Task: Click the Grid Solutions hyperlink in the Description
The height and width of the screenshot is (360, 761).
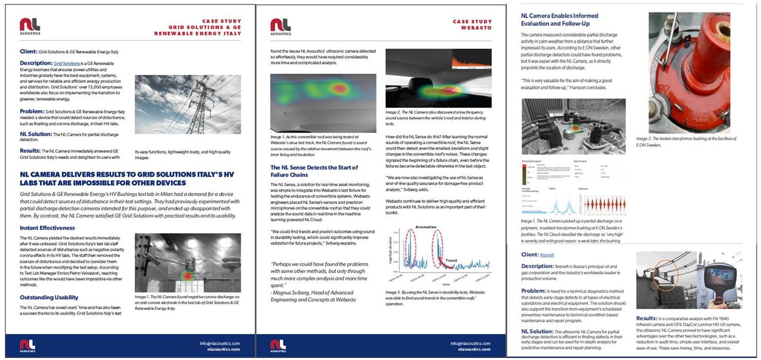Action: [x=66, y=63]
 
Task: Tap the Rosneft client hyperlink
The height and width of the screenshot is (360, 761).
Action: [x=547, y=255]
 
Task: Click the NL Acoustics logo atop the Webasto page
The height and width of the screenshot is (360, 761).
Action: [x=280, y=27]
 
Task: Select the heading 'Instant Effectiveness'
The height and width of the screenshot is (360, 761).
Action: [x=47, y=228]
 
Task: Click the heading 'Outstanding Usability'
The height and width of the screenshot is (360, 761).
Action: [x=49, y=298]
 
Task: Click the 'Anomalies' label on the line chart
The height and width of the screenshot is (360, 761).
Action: [x=426, y=227]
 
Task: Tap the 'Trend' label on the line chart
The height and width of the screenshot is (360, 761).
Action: [x=451, y=261]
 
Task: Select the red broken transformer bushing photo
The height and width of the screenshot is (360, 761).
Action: [x=689, y=73]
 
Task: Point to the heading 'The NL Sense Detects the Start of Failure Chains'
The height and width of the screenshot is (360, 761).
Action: [x=314, y=171]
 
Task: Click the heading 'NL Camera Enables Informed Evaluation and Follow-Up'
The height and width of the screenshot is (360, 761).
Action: [x=559, y=20]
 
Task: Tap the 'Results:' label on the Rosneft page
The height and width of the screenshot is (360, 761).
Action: [x=646, y=318]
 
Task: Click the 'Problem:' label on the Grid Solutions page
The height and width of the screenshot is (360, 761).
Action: [x=32, y=112]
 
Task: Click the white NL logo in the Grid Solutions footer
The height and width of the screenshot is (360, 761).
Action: [x=28, y=345]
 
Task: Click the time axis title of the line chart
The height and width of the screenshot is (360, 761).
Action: [x=445, y=284]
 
